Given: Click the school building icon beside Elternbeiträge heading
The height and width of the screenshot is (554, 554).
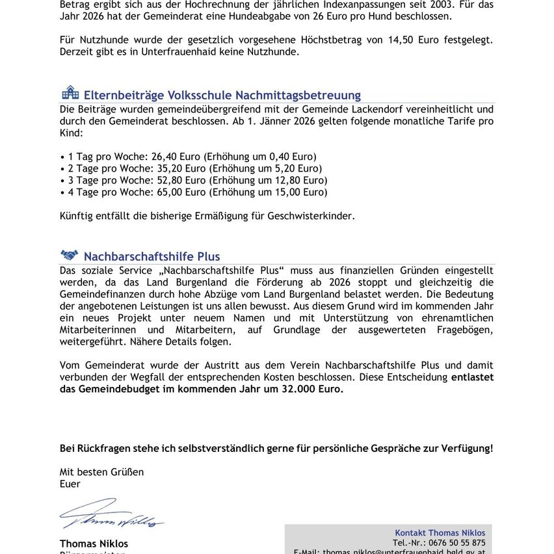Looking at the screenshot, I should click(70, 93).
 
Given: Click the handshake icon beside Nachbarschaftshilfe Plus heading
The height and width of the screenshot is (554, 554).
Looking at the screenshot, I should click(69, 256).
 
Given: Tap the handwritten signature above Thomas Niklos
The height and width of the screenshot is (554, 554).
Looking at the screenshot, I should click(111, 515).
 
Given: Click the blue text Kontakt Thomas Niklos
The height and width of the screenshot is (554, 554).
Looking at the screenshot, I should click(440, 533).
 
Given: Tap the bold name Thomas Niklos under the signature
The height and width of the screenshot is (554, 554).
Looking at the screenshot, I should click(94, 544).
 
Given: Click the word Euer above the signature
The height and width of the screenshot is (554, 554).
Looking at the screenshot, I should click(70, 484).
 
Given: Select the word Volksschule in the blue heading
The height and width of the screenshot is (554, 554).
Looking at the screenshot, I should click(199, 96).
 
